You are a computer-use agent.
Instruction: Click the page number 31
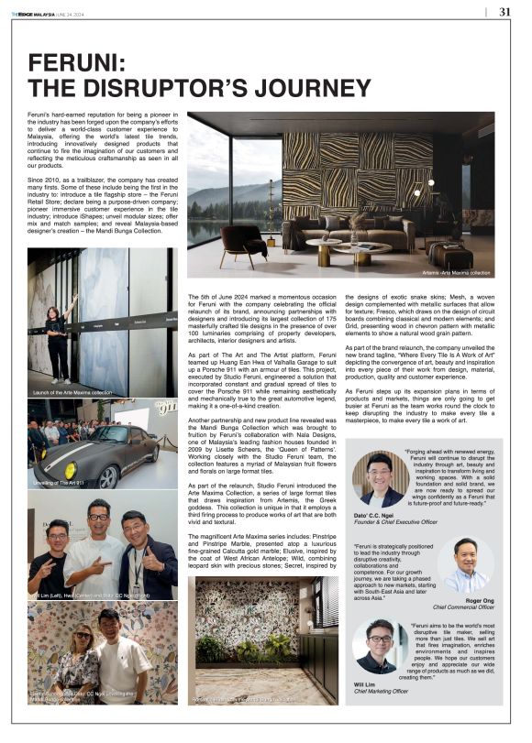pyautogui.click(x=505, y=12)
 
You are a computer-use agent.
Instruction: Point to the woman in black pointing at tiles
pyautogui.click(x=59, y=338)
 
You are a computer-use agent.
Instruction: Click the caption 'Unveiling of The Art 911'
pyautogui.click(x=60, y=483)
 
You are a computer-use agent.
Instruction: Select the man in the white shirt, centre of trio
pyautogui.click(x=99, y=550)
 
